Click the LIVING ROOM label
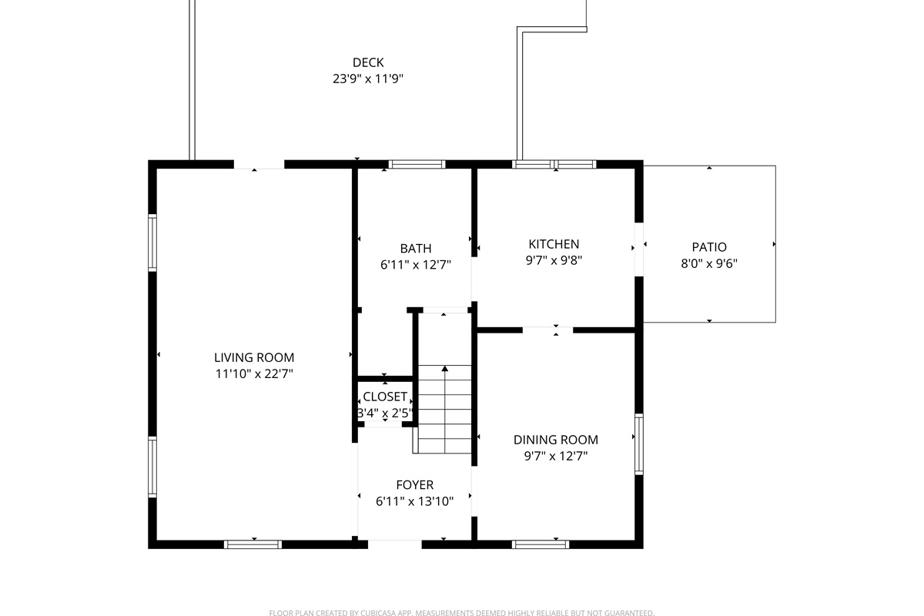[253, 357]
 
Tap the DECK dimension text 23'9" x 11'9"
[368, 78]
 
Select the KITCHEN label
[554, 244]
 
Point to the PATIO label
[709, 247]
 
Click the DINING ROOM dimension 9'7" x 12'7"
[555, 456]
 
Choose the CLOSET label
[385, 397]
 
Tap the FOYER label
[414, 484]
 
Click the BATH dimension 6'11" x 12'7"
[415, 264]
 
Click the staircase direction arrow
[444, 370]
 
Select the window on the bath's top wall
[417, 164]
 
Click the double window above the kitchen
[554, 164]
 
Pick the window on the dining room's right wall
[638, 444]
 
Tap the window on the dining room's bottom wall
[541, 544]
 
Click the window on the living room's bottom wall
[253, 544]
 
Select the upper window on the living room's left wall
[152, 242]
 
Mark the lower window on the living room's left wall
[152, 467]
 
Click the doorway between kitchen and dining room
[547, 330]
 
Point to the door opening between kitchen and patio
[638, 249]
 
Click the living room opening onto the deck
[259, 164]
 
